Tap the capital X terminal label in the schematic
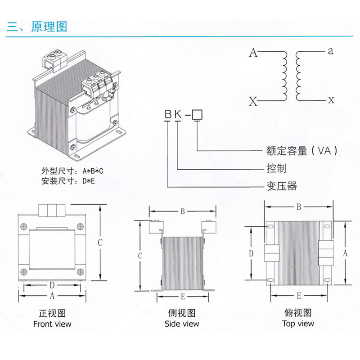[253, 101]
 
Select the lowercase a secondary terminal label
[331, 51]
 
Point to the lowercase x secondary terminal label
[332, 100]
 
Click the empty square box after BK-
[197, 114]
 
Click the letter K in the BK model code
[178, 114]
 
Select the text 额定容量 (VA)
[299, 151]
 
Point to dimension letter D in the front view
[52, 285]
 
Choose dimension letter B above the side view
[183, 211]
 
